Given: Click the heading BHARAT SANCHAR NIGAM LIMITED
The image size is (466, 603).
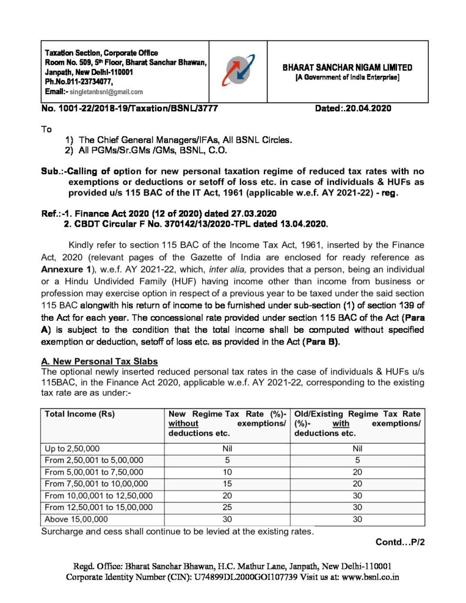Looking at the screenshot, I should (x=348, y=68).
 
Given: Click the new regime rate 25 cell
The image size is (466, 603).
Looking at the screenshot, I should (x=227, y=507).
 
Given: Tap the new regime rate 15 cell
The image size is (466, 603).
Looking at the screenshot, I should (x=227, y=483).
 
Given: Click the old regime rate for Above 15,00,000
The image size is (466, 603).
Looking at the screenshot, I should (x=358, y=519).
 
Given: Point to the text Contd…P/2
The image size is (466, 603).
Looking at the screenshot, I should (x=399, y=542).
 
